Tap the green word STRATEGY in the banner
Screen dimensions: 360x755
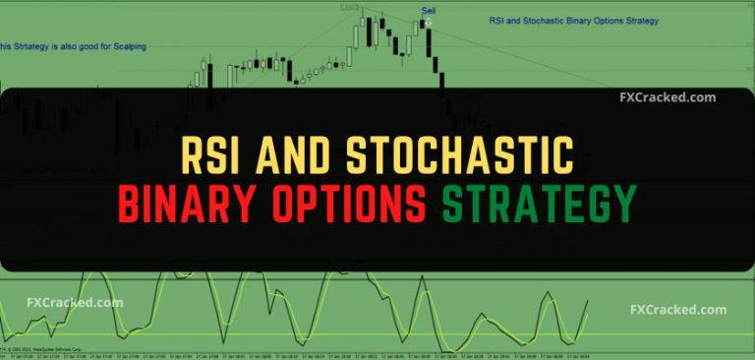tap(538, 205)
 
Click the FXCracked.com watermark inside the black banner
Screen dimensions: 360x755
tap(668, 98)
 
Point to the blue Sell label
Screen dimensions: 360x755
tap(428, 11)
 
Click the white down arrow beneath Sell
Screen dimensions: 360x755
tap(429, 21)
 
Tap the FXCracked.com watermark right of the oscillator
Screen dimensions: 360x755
tap(678, 310)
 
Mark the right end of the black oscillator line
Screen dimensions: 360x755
tap(587, 301)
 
